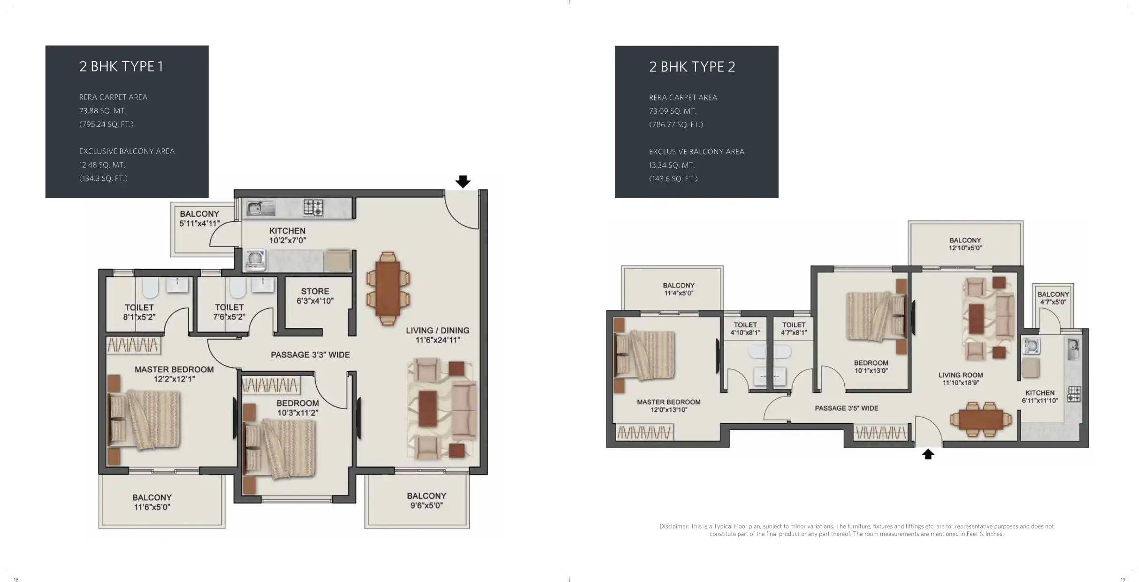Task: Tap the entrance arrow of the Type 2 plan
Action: (928, 454)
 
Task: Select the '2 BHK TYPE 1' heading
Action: (122, 67)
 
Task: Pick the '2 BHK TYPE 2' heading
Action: (692, 67)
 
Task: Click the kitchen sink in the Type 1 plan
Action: (261, 208)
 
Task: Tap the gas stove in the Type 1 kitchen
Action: (313, 207)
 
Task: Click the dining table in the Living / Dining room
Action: (388, 288)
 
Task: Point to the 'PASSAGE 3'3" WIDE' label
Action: (310, 355)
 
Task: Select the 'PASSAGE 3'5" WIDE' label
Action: (847, 408)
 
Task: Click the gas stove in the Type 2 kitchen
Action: (1074, 394)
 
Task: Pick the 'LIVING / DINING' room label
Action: (437, 331)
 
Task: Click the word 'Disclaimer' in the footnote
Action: (674, 526)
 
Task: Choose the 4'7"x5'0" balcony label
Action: (1053, 298)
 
